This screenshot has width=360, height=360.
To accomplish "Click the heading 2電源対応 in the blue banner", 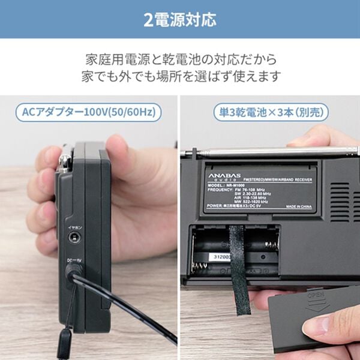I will (x=180, y=20).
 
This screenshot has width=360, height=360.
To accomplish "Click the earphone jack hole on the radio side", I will (x=74, y=238).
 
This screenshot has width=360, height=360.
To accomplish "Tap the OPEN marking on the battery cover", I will (x=316, y=296).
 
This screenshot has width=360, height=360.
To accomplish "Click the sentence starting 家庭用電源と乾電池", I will (x=180, y=60).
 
